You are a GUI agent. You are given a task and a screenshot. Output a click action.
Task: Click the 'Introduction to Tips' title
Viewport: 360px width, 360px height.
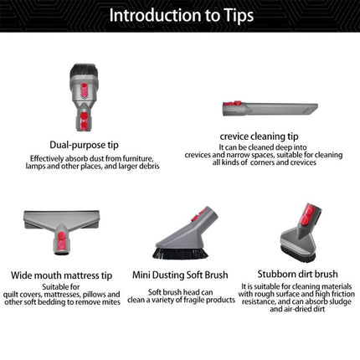point(181,15)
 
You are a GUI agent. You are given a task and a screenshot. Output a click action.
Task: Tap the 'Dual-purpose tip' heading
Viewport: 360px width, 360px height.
point(84,145)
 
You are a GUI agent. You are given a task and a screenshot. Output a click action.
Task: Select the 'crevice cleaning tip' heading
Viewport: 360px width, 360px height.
point(259,136)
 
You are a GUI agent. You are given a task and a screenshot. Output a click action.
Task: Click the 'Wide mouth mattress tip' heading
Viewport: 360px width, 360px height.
point(62,275)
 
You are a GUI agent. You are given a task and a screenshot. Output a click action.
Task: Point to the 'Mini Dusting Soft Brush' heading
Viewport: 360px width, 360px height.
point(180,275)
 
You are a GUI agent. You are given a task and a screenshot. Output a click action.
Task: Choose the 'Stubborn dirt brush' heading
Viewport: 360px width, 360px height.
point(297,274)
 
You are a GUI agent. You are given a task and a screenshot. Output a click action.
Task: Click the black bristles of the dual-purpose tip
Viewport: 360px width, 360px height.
point(84,70)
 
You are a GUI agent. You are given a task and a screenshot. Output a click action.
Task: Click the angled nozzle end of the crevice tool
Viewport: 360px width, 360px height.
point(312,108)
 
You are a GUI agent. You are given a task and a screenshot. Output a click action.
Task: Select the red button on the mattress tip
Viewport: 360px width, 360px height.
point(62,240)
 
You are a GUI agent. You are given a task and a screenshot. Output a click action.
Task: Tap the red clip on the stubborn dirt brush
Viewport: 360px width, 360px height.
point(306,214)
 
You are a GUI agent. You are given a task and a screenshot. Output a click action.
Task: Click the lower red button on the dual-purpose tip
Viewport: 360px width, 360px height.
point(84,121)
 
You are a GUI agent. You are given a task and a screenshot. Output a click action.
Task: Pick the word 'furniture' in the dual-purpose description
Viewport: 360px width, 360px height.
point(139,158)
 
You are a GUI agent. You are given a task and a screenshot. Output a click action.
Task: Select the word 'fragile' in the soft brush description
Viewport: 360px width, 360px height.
point(196,301)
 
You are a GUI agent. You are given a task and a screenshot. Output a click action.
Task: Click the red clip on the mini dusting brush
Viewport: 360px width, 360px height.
point(203,213)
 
